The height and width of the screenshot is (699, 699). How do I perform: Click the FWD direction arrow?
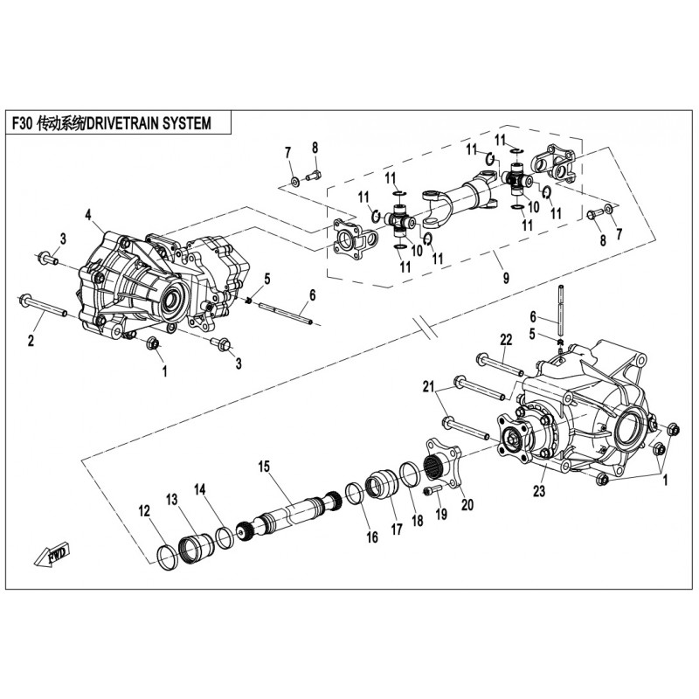(54, 552)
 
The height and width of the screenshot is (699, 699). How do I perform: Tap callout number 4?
(88, 213)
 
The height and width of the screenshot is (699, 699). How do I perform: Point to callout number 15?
(262, 466)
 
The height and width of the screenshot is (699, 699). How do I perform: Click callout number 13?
(172, 499)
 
